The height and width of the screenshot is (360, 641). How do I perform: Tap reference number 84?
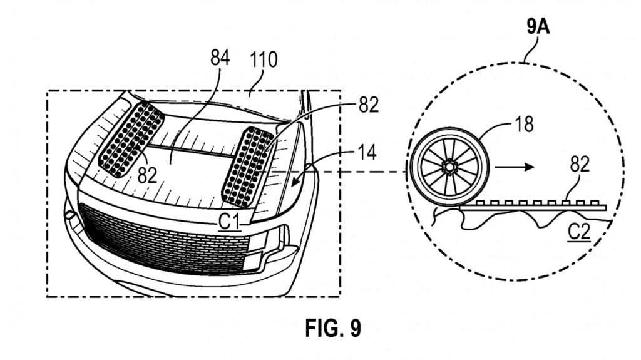pos(220,60)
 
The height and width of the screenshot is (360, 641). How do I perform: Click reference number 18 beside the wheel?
pos(526,124)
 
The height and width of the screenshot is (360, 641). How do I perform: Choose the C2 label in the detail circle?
pos(579,234)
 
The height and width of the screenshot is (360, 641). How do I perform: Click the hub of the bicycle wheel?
pos(449,167)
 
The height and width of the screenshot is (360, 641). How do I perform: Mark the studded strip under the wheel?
pos(538,204)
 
